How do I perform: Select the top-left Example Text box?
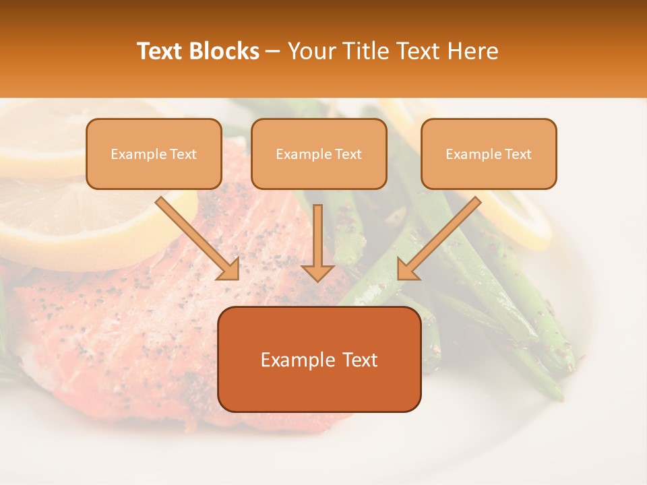(154, 154)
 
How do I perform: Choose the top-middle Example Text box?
(319, 154)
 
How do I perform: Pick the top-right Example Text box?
(489, 154)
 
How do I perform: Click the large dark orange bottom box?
(319, 359)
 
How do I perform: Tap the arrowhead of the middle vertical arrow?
(317, 271)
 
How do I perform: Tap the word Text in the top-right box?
(518, 154)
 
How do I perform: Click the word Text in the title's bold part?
(160, 51)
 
